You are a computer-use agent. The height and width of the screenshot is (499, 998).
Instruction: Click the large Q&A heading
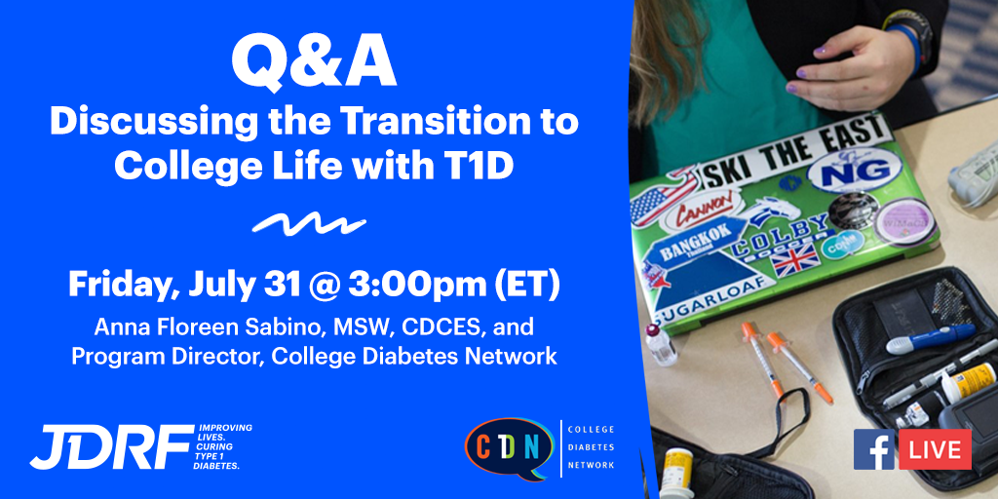point(314,63)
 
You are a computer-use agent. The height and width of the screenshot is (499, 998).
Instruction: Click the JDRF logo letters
point(110,446)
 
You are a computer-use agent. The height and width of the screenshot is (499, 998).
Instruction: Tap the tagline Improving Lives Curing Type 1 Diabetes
point(225,446)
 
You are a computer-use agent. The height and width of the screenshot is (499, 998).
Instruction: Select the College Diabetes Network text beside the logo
point(592,447)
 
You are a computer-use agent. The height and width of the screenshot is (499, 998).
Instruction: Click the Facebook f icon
point(873,449)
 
